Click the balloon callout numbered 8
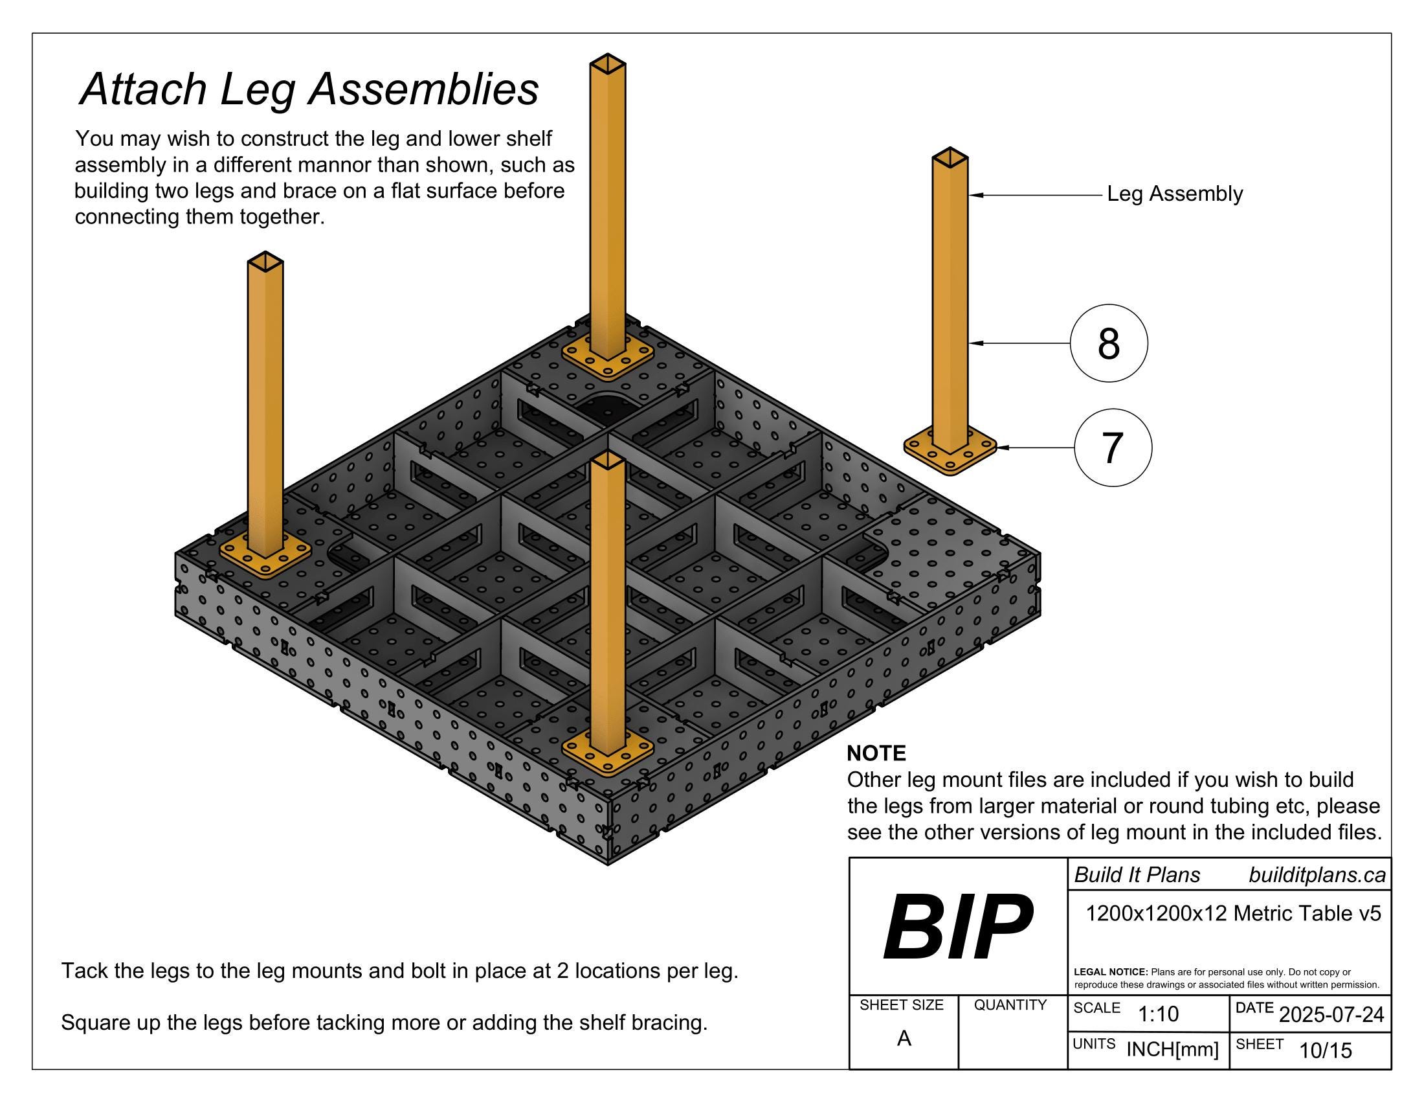click(x=1108, y=343)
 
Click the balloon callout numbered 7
click(x=1112, y=448)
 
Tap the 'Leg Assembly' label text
click(x=1175, y=194)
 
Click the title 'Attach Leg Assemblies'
click(x=309, y=89)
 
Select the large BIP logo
click(x=958, y=927)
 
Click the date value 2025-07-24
click(x=1331, y=1015)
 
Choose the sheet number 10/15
click(x=1326, y=1050)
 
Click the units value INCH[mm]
click(x=1172, y=1050)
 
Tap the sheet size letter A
click(x=904, y=1038)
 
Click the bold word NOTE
click(x=876, y=753)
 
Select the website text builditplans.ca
click(x=1317, y=876)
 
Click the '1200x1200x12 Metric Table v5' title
click(x=1233, y=914)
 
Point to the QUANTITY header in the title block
click(x=1010, y=1005)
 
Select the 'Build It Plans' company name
click(x=1137, y=876)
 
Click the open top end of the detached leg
click(x=950, y=157)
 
